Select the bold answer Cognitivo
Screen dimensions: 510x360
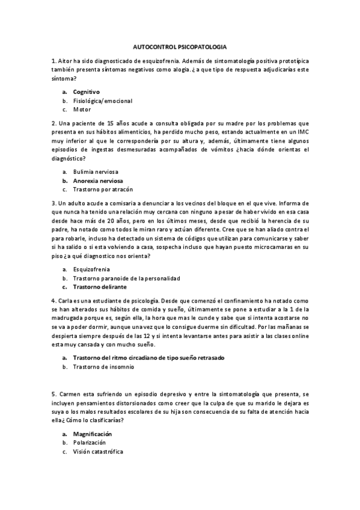point(87,91)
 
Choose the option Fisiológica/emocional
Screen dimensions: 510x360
point(102,100)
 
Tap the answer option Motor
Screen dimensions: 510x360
point(82,109)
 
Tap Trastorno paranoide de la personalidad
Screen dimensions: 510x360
point(126,278)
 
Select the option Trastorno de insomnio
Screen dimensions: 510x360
point(103,366)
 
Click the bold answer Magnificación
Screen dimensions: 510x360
point(93,434)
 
